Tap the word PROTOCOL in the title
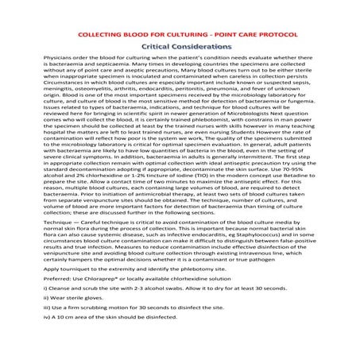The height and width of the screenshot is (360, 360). coord(263,36)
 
